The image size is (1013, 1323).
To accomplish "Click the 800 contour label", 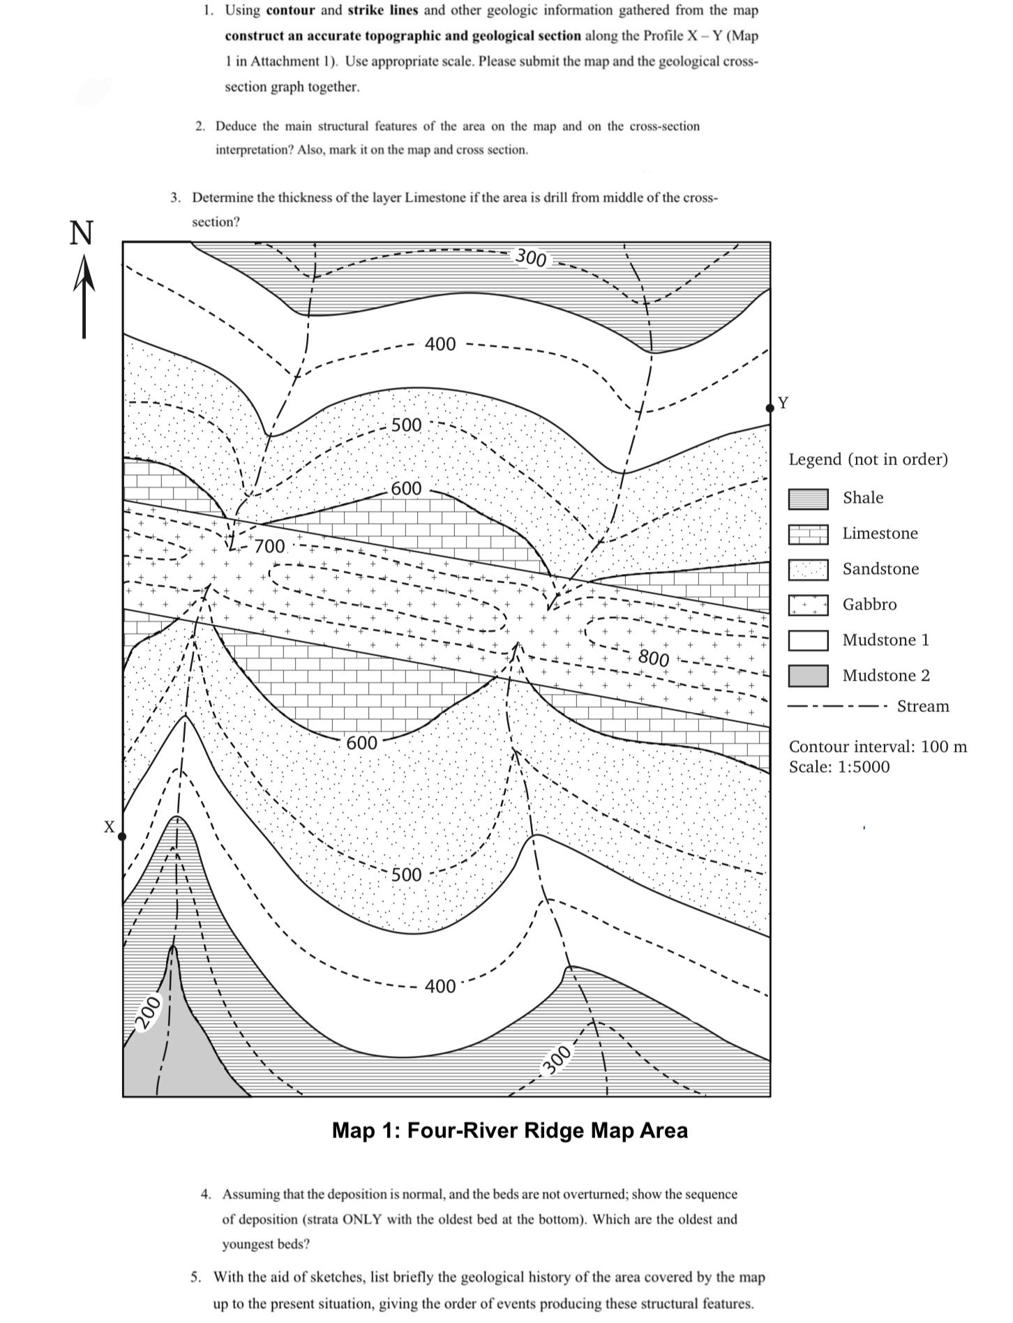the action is (x=654, y=658).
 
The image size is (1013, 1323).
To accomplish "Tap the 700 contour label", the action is (x=269, y=546).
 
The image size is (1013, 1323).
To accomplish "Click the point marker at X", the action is (x=123, y=836).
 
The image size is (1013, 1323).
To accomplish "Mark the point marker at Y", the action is (x=770, y=407).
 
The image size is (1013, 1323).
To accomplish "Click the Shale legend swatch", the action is (x=808, y=499).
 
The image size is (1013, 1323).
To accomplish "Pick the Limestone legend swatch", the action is (x=808, y=534).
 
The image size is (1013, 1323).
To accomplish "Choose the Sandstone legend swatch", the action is (x=808, y=570).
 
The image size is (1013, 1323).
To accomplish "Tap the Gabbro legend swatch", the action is (x=808, y=605).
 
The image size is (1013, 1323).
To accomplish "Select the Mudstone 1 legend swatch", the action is (x=808, y=640).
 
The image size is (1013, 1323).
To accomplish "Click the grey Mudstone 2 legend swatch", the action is (x=808, y=676).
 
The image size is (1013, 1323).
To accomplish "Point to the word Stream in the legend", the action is (x=922, y=706).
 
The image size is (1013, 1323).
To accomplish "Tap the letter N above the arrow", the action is (x=82, y=233).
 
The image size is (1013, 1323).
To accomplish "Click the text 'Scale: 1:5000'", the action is (x=839, y=767).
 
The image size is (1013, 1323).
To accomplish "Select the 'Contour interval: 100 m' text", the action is (x=878, y=747).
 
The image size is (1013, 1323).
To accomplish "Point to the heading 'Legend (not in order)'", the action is (x=868, y=460).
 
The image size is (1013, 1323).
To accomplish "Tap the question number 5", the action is (x=196, y=1278).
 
